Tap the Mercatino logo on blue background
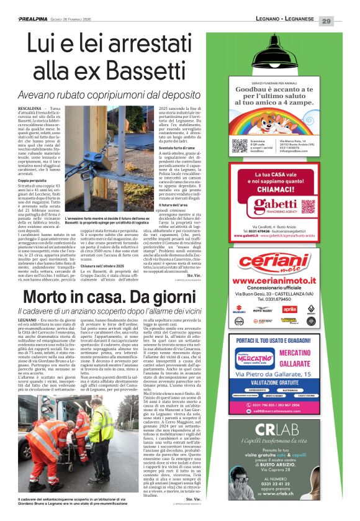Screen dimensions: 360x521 point(256,359)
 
